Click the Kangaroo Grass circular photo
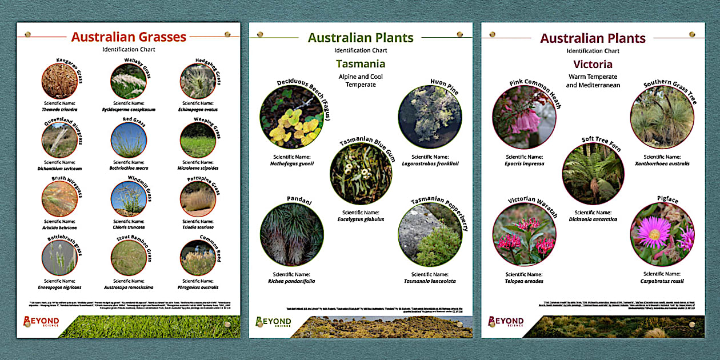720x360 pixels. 59,81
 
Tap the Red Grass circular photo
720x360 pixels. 128,140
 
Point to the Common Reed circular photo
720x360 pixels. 198,258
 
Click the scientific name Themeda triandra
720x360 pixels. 59,109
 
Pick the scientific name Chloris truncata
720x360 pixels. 129,227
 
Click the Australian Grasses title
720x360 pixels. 129,37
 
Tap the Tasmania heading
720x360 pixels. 361,63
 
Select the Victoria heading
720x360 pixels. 593,63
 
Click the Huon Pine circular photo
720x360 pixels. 430,117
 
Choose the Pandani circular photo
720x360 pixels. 291,234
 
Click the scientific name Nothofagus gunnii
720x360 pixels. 292,163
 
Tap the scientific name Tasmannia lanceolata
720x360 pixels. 430,281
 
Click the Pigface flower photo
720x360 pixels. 662,234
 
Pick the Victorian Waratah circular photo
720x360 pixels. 524,234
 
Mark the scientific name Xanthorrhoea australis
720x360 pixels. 662,163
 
